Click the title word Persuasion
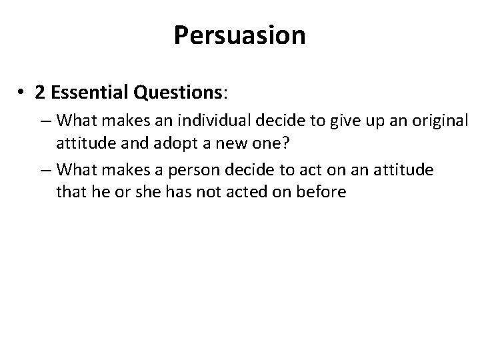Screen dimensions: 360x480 (240, 35)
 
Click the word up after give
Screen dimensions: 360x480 (364, 123)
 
